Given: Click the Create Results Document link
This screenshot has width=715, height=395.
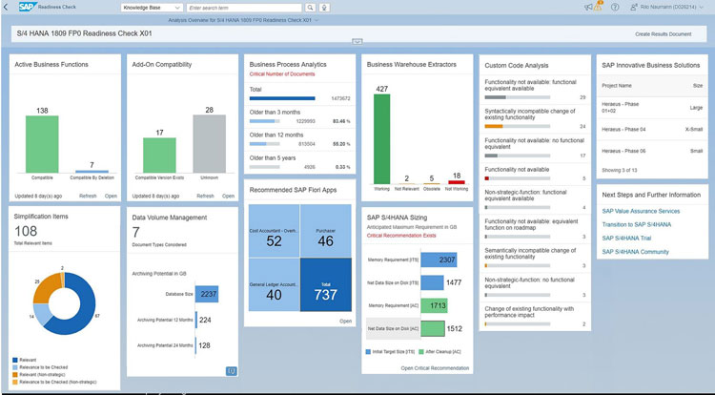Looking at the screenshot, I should click(663, 33).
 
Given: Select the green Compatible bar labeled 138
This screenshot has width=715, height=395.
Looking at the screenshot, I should click(41, 143).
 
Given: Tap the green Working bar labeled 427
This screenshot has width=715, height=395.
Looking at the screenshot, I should click(381, 134).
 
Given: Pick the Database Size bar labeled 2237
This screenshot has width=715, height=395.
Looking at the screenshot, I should click(208, 294).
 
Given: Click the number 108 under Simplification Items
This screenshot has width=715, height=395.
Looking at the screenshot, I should click(26, 231).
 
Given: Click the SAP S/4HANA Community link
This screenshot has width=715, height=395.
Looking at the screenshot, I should click(635, 252).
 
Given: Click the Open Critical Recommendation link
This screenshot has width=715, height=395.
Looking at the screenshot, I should click(435, 367).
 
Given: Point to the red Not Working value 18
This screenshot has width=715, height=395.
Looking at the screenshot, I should click(457, 176).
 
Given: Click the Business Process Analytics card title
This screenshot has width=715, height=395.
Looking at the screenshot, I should click(287, 64).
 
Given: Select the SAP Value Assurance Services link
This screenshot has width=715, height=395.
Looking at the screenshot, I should click(641, 211).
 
